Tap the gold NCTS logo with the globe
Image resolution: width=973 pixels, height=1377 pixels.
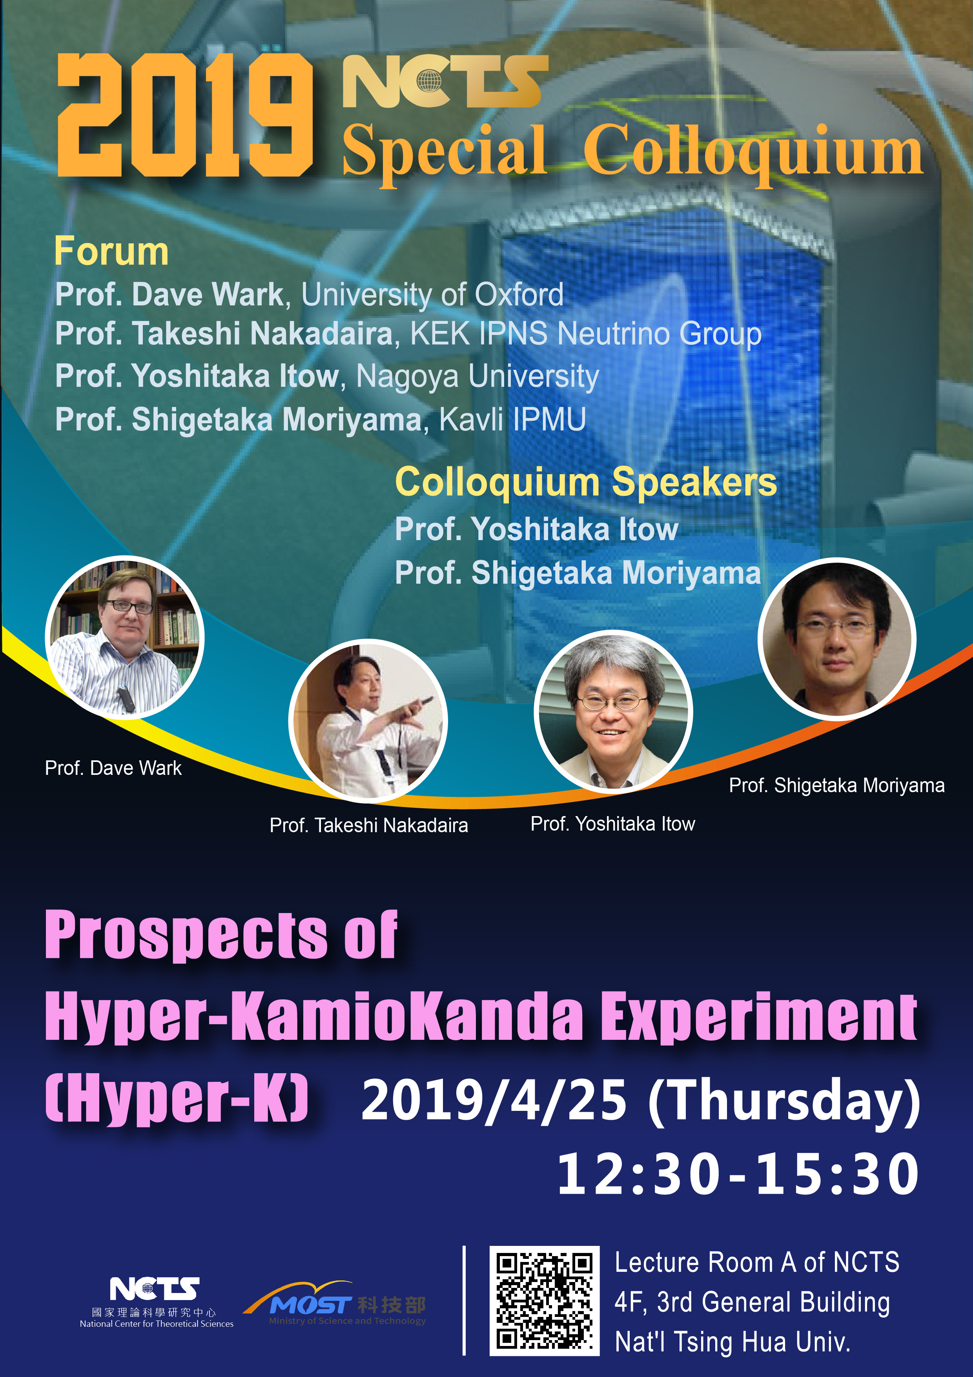(x=445, y=81)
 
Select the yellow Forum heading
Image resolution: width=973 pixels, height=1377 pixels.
(x=111, y=251)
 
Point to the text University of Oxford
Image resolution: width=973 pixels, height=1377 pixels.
(x=432, y=294)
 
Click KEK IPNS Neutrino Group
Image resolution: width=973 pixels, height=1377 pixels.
(x=586, y=334)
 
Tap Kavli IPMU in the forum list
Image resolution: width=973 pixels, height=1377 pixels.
(x=512, y=419)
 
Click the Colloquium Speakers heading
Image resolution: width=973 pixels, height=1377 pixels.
(x=586, y=483)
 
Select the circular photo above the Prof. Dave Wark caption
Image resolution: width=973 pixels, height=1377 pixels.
(x=125, y=637)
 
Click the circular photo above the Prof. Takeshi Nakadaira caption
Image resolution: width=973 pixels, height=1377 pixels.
(x=368, y=721)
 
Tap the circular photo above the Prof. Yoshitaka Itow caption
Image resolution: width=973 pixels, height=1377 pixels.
(x=613, y=712)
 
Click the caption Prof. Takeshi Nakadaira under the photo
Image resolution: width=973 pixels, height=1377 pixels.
(x=369, y=825)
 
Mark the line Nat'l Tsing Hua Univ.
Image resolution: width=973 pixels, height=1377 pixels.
(x=732, y=1342)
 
